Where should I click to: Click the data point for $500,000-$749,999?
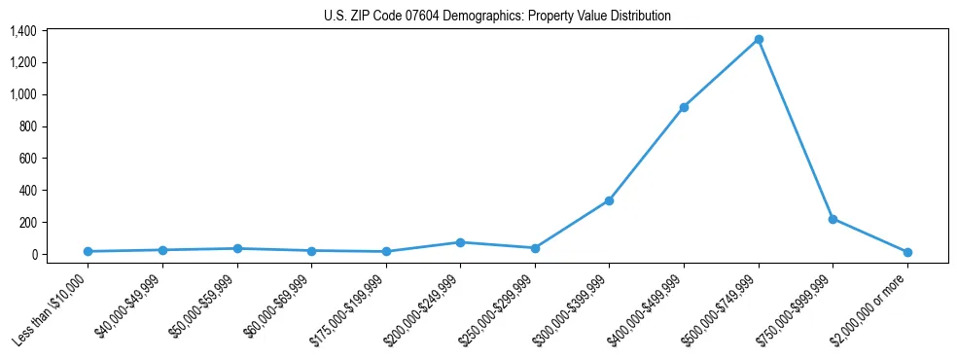(x=759, y=40)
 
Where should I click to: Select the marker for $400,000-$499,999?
(x=684, y=107)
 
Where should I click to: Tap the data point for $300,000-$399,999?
(x=609, y=200)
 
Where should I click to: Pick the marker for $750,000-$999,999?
(x=833, y=219)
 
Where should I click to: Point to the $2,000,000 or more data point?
(x=907, y=252)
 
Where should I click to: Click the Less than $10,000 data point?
(x=88, y=251)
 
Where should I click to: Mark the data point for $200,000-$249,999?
(x=460, y=242)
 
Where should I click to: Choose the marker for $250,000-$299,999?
(x=535, y=248)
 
